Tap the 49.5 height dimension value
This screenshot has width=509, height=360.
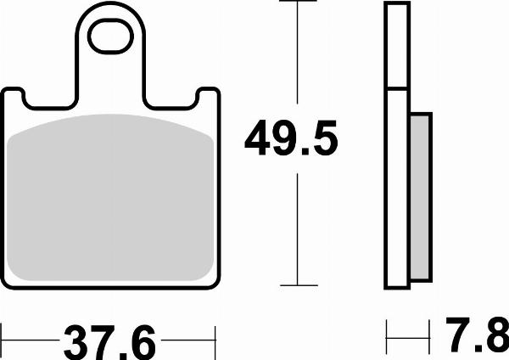click(x=291, y=138)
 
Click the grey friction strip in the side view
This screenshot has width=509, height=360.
click(x=421, y=196)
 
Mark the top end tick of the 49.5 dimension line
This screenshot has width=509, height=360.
click(x=296, y=3)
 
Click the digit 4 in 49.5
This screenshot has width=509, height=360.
click(x=261, y=138)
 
